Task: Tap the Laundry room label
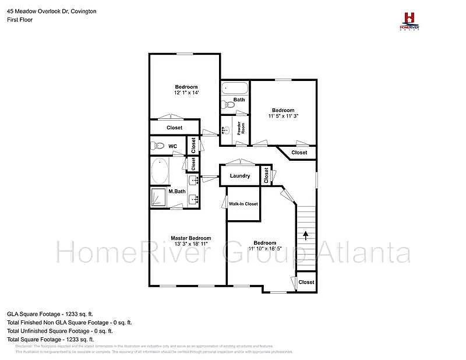pos(240,176)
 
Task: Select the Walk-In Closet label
pos(243,204)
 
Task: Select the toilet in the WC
pos(156,146)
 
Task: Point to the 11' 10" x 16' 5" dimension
pos(265,249)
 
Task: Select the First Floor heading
pos(20,20)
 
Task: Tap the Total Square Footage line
pos(51,339)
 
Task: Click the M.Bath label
pos(176,191)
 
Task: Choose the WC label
pos(173,146)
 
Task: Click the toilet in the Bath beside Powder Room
pos(227,105)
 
